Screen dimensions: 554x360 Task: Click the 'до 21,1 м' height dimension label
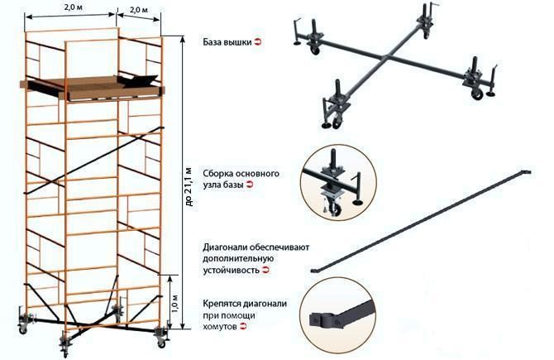(189, 186)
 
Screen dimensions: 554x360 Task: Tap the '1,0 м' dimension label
(175, 302)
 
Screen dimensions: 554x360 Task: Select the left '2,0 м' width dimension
(73, 7)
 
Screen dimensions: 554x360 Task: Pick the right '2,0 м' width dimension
(138, 10)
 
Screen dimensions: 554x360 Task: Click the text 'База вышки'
(227, 42)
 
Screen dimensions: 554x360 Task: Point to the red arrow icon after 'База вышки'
(258, 42)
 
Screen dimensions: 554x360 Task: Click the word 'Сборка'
(217, 174)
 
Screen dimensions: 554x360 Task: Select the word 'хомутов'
(220, 326)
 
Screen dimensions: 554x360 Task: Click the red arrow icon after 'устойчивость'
(265, 270)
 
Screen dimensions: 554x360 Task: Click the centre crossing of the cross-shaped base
(387, 56)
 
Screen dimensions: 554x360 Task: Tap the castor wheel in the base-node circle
(336, 210)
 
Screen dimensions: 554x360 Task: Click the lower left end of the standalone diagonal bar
(313, 271)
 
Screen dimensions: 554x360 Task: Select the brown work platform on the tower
(93, 88)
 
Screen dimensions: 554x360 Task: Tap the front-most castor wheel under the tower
(64, 352)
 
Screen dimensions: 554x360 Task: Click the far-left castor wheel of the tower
(23, 330)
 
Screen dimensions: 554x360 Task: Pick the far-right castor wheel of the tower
(161, 343)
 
